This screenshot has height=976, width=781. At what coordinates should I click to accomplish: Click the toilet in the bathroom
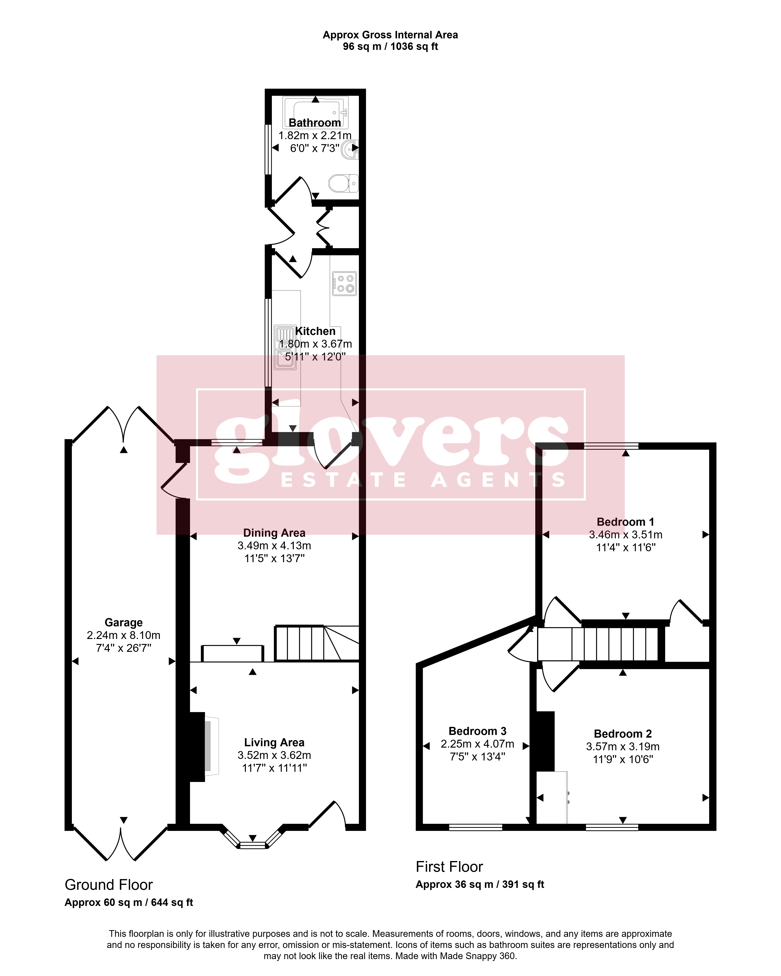coord(343,183)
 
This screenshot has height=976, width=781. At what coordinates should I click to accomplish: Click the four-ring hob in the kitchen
coord(344,283)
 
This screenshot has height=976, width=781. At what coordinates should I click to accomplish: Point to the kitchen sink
coord(285,347)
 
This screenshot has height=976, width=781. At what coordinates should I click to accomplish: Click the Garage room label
coord(124,622)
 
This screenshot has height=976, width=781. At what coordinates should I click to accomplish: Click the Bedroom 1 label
coord(626,522)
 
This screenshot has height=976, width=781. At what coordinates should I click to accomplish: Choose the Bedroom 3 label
coord(477,731)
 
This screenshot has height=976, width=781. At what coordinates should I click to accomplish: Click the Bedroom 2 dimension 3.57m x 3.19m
coord(623,746)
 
